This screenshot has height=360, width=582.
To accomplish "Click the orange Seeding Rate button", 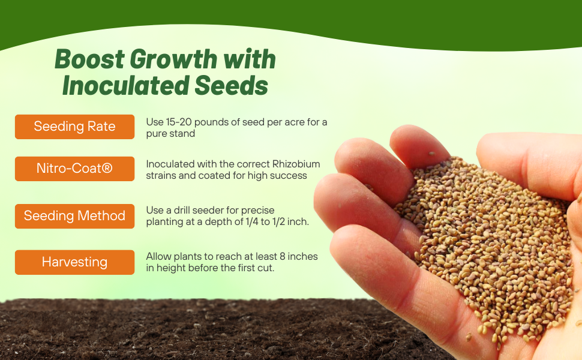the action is coord(74,127).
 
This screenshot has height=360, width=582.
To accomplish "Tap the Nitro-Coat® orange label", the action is coord(74,169).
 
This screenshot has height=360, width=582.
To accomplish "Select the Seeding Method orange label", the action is coord(74,216).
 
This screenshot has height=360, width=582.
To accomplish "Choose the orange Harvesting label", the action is coord(74,262).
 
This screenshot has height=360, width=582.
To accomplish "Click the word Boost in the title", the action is coord(89,59).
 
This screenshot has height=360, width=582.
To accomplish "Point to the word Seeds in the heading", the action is coord(231,86).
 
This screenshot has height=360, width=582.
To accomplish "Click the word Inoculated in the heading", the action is coord(126,86).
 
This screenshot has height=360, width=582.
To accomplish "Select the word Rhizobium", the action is coord(296,164).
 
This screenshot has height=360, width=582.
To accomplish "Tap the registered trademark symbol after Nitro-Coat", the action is coord(107,168).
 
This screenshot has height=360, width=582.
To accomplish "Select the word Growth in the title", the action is coord(173,59).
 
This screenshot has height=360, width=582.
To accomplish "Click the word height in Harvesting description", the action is coord(172,268).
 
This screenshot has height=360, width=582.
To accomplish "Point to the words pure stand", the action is coord(170,134).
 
